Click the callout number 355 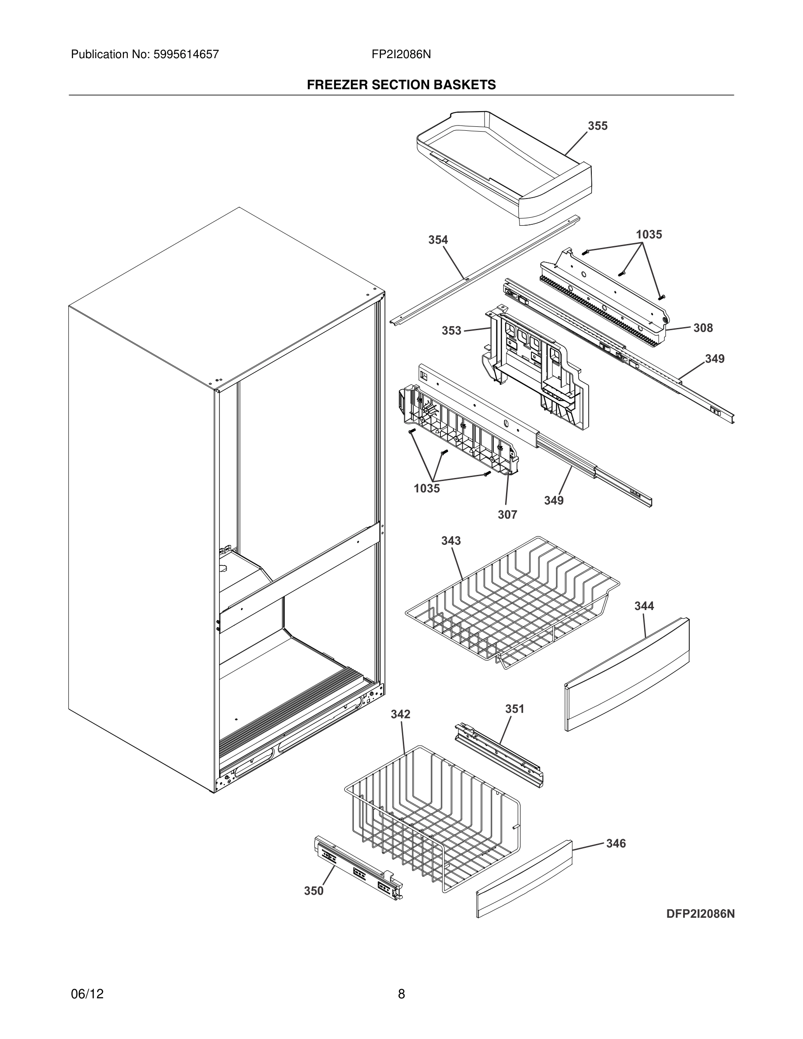[597, 126]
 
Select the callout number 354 [438, 240]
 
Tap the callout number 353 [451, 331]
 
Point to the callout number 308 [702, 328]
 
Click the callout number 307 [507, 515]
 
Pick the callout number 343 [450, 541]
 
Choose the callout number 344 [644, 606]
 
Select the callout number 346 [615, 844]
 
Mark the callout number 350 [314, 891]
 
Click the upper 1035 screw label [649, 234]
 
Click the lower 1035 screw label [427, 488]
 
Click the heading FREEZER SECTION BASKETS [401, 85]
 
